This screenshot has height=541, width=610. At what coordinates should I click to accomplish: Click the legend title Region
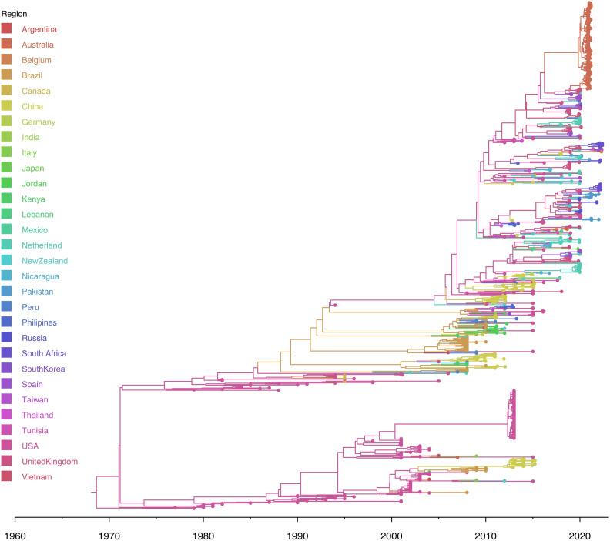click(x=14, y=14)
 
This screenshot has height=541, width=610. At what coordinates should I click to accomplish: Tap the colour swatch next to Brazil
click(x=6, y=75)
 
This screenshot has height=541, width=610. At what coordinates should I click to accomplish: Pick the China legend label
click(x=32, y=106)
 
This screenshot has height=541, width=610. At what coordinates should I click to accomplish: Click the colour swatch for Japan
click(x=6, y=168)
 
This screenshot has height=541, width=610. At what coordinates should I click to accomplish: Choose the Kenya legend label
click(x=34, y=199)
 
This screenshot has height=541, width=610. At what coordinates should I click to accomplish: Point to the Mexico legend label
click(x=35, y=229)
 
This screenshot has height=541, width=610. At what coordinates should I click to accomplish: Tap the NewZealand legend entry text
click(x=45, y=260)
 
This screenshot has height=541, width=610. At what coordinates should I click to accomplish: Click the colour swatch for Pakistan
click(x=6, y=292)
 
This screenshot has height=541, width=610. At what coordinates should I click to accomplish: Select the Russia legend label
click(x=35, y=338)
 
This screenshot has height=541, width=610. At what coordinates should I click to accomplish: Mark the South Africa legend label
click(x=44, y=353)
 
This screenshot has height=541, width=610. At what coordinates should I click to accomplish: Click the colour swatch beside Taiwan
click(x=6, y=399)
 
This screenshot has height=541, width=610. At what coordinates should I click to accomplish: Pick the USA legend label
click(x=31, y=446)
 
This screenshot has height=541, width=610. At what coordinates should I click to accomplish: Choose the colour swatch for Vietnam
click(x=6, y=476)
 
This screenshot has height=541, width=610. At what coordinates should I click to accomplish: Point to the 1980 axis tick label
click(x=203, y=533)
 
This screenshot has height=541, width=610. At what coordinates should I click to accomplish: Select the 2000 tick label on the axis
click(x=391, y=533)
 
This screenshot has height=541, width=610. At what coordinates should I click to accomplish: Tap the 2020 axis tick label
click(x=580, y=533)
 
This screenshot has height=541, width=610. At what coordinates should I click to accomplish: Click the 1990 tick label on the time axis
click(x=297, y=533)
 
